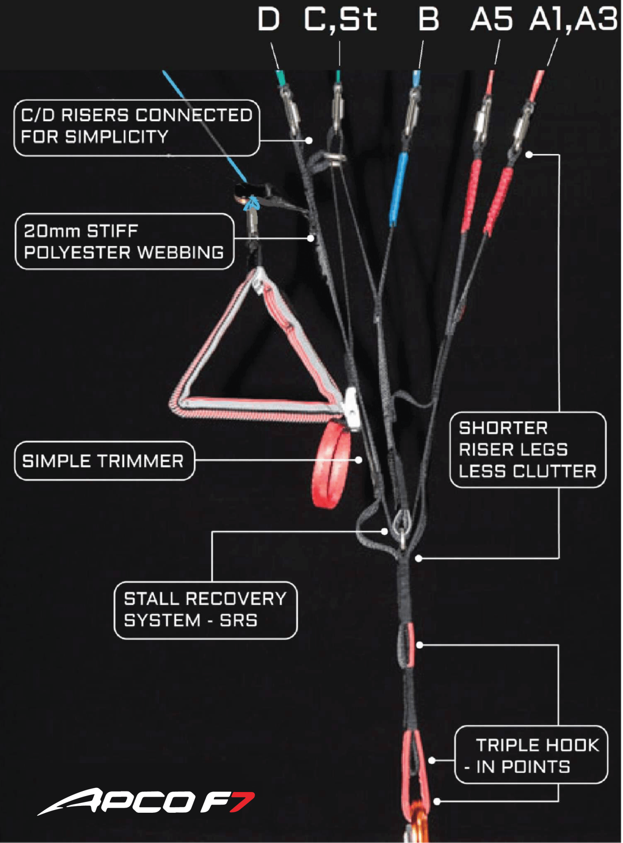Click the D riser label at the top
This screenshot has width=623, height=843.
click(268, 19)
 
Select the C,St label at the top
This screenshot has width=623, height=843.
click(340, 19)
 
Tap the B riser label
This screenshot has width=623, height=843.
click(428, 19)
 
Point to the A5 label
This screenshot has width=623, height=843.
click(492, 19)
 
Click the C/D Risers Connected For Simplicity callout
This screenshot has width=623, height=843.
click(137, 128)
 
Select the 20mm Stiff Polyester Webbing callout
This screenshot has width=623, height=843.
click(124, 241)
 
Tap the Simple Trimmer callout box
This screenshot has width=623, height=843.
click(104, 461)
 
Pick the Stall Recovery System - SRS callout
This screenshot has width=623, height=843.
click(205, 610)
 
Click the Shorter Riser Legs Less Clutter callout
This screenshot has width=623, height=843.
click(528, 449)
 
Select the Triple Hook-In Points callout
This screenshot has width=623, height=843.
click(531, 754)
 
